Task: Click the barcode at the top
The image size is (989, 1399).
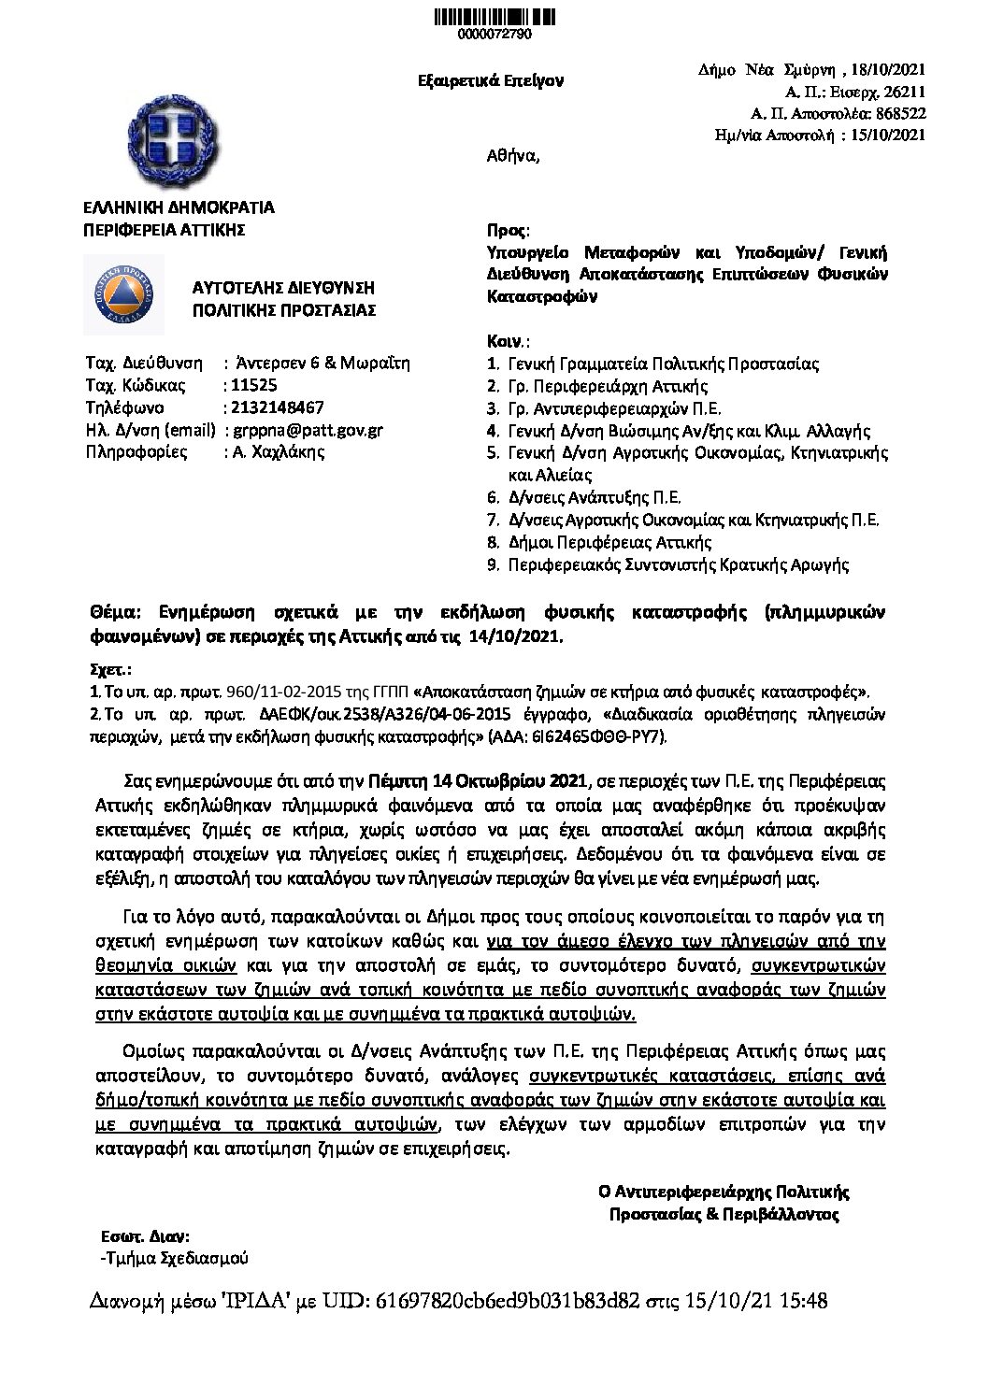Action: pos(494,16)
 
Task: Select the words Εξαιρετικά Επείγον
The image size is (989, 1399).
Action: pos(491,81)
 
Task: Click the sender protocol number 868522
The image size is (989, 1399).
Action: pos(900,113)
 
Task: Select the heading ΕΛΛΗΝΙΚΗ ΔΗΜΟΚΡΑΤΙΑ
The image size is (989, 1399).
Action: pos(179,208)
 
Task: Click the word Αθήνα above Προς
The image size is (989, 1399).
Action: pos(512,156)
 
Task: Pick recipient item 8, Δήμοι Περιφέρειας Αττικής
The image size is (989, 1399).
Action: pos(609,542)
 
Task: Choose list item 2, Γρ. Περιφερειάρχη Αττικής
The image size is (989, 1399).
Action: pos(608,386)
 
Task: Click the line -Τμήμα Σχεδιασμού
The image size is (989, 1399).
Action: pos(174,1258)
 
